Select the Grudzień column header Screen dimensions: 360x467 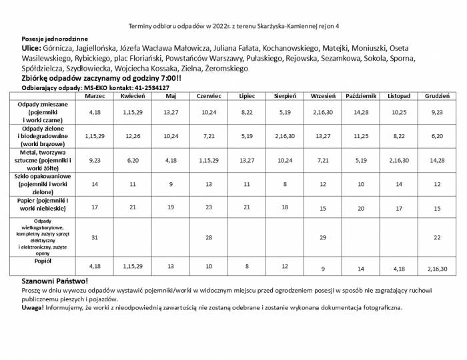coord(437,96)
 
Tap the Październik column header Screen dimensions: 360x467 coord(361,96)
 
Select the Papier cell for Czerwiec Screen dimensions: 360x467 coord(209,207)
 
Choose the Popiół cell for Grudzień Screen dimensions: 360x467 coord(437,269)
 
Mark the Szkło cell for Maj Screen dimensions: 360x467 coord(170,183)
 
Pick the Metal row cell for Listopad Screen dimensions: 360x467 coord(399,160)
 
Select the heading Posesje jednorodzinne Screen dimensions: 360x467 coord(55,39)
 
